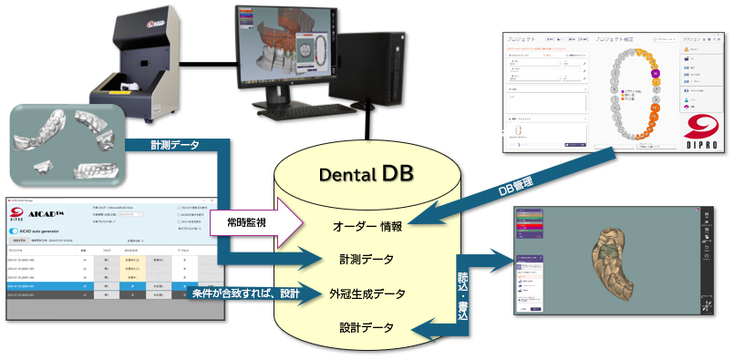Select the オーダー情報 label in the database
coord(366,225)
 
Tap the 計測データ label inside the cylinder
coord(368,260)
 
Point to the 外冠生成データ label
coord(368,293)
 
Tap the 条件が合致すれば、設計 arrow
coord(244,293)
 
